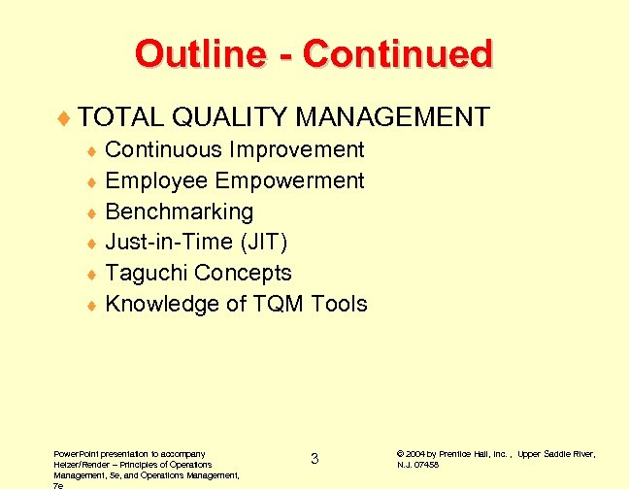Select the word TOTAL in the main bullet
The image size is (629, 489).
coord(121,117)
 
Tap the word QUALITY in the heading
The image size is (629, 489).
coord(229,117)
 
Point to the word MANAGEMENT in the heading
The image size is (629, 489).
coord(392,117)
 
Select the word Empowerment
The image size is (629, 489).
coord(290,180)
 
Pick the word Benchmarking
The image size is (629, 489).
coord(179,212)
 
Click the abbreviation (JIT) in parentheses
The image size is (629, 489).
coord(264,243)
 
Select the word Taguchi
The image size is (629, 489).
coord(147,274)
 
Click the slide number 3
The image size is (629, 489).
coord(314,459)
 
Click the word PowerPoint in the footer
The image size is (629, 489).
coord(78,454)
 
